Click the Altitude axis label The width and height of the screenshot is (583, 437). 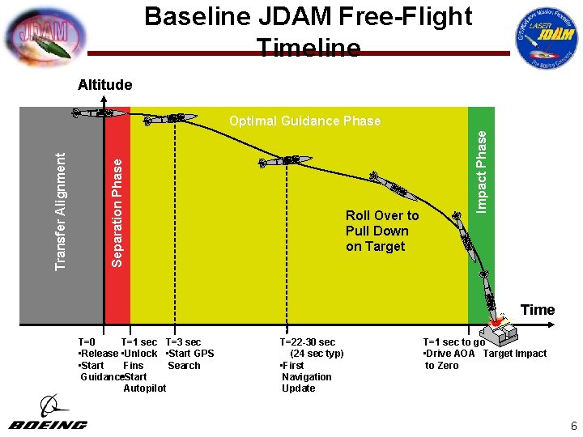coord(104,85)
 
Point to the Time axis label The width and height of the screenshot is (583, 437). coord(538,310)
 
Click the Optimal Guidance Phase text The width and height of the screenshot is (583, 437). coord(304,121)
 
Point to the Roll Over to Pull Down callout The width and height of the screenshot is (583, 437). coord(382,231)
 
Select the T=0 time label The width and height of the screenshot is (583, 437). coord(87,342)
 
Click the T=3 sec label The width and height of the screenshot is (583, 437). coord(183,342)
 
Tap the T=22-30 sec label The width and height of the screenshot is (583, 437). coord(308,342)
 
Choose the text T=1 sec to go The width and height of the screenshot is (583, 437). coord(454,342)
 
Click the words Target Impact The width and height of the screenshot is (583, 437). coord(515,354)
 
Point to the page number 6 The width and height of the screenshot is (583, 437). coord(572,426)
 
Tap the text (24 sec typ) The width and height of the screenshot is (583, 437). coord(317,354)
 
